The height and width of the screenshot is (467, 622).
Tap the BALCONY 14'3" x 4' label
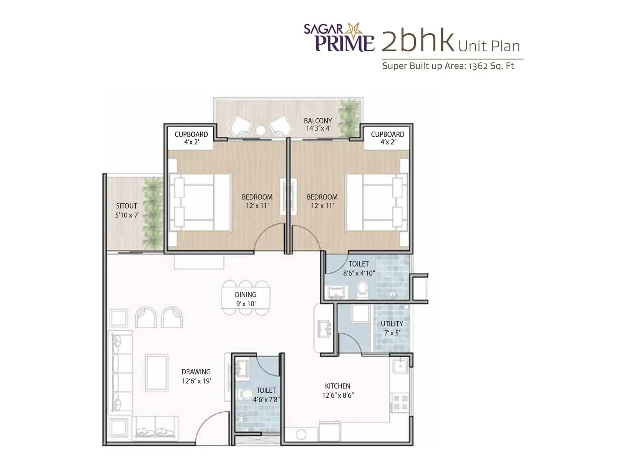tap(318, 125)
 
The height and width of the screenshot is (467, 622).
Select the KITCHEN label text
tap(337, 386)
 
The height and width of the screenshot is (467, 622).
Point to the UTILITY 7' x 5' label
tap(392, 328)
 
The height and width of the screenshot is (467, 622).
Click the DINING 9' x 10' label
tap(246, 299)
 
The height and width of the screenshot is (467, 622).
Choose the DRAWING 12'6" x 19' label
tap(196, 376)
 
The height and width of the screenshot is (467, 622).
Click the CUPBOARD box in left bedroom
tap(191, 138)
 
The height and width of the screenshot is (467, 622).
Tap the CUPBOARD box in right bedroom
tap(387, 138)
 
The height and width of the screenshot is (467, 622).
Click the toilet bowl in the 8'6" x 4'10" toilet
tap(362, 290)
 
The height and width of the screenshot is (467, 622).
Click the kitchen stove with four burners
tap(400, 403)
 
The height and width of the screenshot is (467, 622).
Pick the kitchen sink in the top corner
tap(400, 366)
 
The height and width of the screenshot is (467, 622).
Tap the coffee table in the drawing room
tap(157, 372)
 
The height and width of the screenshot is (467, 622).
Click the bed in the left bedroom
tap(200, 202)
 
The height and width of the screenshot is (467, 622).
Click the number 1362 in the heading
tap(478, 66)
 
